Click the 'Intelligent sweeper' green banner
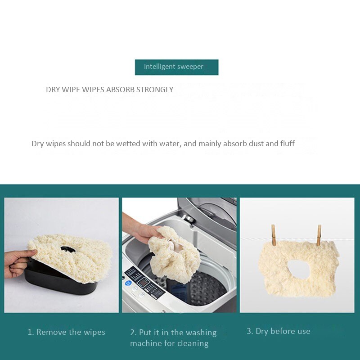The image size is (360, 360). tap(176, 67)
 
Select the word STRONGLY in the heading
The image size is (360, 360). tap(155, 90)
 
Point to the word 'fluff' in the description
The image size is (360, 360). tap(288, 144)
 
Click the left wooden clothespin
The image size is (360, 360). tap(273, 235)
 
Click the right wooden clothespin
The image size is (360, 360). tap(319, 235)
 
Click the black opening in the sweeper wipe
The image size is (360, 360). tap(68, 249)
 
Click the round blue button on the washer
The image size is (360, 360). tap(127, 283)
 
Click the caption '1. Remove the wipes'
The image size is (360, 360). tap(66, 332)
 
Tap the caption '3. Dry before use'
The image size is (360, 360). tap(278, 331)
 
